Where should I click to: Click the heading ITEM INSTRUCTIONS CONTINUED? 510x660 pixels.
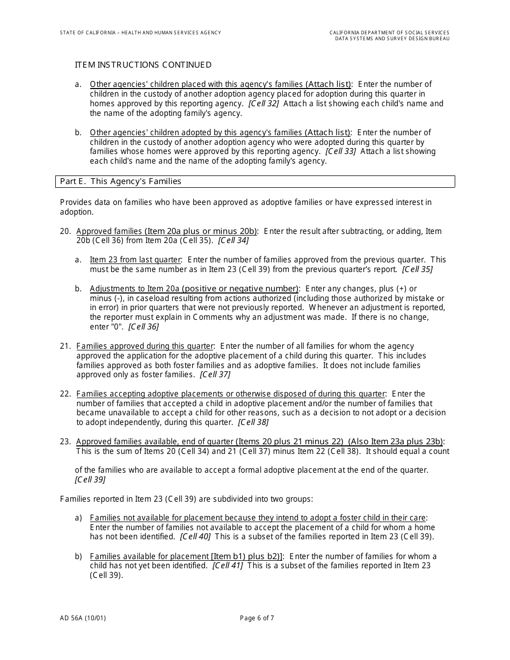[143, 65]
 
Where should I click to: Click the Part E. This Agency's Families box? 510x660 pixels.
[255, 181]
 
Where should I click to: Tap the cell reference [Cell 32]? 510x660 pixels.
[264, 104]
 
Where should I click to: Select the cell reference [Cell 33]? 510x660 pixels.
[341, 152]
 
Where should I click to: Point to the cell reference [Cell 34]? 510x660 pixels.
[233, 241]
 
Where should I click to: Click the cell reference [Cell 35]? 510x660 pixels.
[417, 269]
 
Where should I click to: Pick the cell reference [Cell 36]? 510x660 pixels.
[143, 327]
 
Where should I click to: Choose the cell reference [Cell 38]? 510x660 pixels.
[253, 422]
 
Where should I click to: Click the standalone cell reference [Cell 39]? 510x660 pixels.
[90, 480]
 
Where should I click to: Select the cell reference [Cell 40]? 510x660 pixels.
[195, 537]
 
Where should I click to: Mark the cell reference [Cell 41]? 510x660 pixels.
[228, 566]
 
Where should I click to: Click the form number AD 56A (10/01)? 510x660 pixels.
[83, 618]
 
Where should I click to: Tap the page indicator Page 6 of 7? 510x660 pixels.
[257, 618]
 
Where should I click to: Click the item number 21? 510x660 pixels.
[65, 346]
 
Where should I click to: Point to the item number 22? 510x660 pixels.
[65, 394]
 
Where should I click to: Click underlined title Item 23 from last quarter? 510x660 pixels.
[136, 260]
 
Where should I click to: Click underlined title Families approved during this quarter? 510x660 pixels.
[145, 346]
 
